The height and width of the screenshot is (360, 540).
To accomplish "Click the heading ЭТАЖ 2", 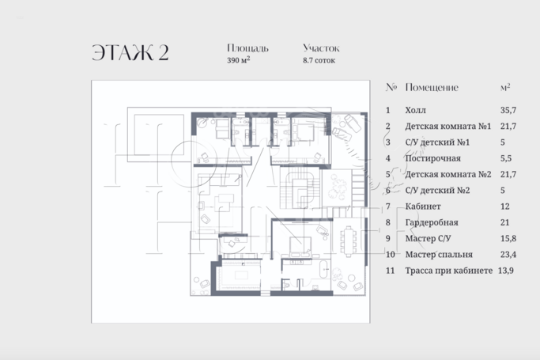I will coord(129,53).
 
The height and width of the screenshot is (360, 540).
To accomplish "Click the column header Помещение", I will coord(431,87).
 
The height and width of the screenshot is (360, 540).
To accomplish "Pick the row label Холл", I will coord(415,112).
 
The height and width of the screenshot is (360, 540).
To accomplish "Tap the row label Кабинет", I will coord(423,206).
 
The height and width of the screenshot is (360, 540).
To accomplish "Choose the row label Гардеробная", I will coord(432,222).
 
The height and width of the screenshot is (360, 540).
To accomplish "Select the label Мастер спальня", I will coord(439,254).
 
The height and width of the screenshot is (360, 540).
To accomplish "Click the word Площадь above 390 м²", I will coord(247,47).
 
